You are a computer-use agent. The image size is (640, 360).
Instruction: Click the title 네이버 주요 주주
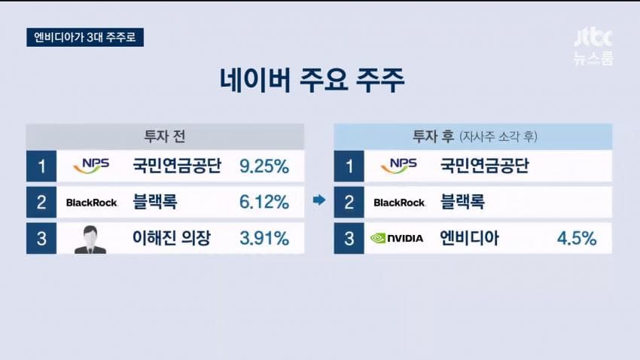(312, 80)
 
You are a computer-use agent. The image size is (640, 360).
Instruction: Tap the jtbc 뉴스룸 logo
(593, 47)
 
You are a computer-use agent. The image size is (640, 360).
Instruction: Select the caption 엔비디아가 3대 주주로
(85, 37)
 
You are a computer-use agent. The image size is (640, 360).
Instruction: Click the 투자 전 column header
(165, 136)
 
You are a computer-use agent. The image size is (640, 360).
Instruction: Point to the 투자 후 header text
(433, 136)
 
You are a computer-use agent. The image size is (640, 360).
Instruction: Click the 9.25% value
(264, 166)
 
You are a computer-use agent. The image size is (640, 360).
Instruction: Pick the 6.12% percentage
(264, 202)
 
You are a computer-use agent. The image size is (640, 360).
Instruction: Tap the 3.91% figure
(264, 238)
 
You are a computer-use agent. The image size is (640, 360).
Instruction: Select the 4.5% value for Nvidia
(577, 238)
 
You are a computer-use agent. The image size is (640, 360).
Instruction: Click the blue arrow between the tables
(319, 200)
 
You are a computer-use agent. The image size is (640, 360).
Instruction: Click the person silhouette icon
(90, 239)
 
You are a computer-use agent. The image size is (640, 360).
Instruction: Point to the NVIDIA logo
(397, 238)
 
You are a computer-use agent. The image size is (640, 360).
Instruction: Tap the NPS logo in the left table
(91, 165)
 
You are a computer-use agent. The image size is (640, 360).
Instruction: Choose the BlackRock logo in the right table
(399, 203)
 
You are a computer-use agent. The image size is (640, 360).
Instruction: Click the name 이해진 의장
(172, 238)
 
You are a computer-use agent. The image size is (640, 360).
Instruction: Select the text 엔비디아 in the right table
(469, 238)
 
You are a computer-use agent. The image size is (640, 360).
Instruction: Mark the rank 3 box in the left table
(41, 238)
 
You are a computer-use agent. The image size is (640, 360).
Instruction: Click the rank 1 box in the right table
(349, 166)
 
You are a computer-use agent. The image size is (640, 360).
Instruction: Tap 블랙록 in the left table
(155, 202)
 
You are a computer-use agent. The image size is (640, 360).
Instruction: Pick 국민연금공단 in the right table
(484, 166)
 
